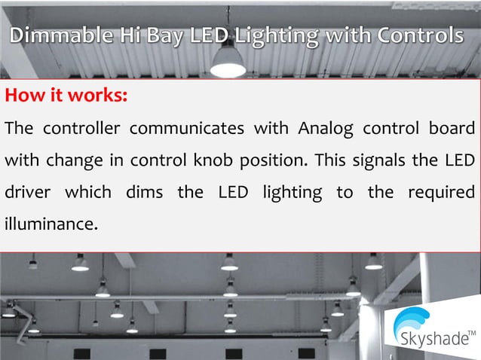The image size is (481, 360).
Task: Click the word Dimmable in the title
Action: tap(60, 35)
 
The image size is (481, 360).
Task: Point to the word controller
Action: tap(81, 128)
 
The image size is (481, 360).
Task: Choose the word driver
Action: tap(28, 193)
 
